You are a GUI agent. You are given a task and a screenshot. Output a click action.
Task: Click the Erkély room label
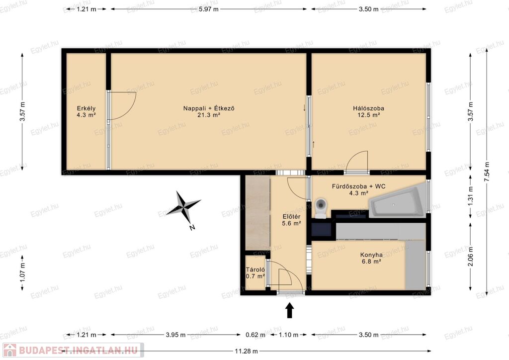pyautogui.click(x=86, y=111)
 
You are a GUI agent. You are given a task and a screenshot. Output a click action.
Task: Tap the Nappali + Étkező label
pyautogui.click(x=209, y=111)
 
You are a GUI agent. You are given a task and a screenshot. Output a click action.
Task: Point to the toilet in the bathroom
pyautogui.click(x=321, y=208)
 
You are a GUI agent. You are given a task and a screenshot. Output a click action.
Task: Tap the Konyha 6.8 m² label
pyautogui.click(x=371, y=258)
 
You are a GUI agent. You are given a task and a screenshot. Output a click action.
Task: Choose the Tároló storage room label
pyautogui.click(x=255, y=272)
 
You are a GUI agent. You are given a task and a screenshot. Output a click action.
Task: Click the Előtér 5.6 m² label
pyautogui.click(x=291, y=220)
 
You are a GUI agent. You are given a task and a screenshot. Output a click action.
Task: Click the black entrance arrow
pyautogui.click(x=290, y=310)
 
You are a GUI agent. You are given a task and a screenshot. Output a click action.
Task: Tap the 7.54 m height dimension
pyautogui.click(x=486, y=173)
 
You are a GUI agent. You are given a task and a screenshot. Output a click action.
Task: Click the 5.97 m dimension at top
pyautogui.click(x=209, y=9)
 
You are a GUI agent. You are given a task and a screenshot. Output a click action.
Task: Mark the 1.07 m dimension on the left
pyautogui.click(x=22, y=272)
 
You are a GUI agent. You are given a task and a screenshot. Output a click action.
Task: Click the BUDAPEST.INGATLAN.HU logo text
pyautogui.click(x=78, y=350)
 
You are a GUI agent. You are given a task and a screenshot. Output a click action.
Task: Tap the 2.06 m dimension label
pyautogui.click(x=471, y=256)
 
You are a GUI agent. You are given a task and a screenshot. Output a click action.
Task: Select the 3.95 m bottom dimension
pyautogui.click(x=175, y=335)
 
